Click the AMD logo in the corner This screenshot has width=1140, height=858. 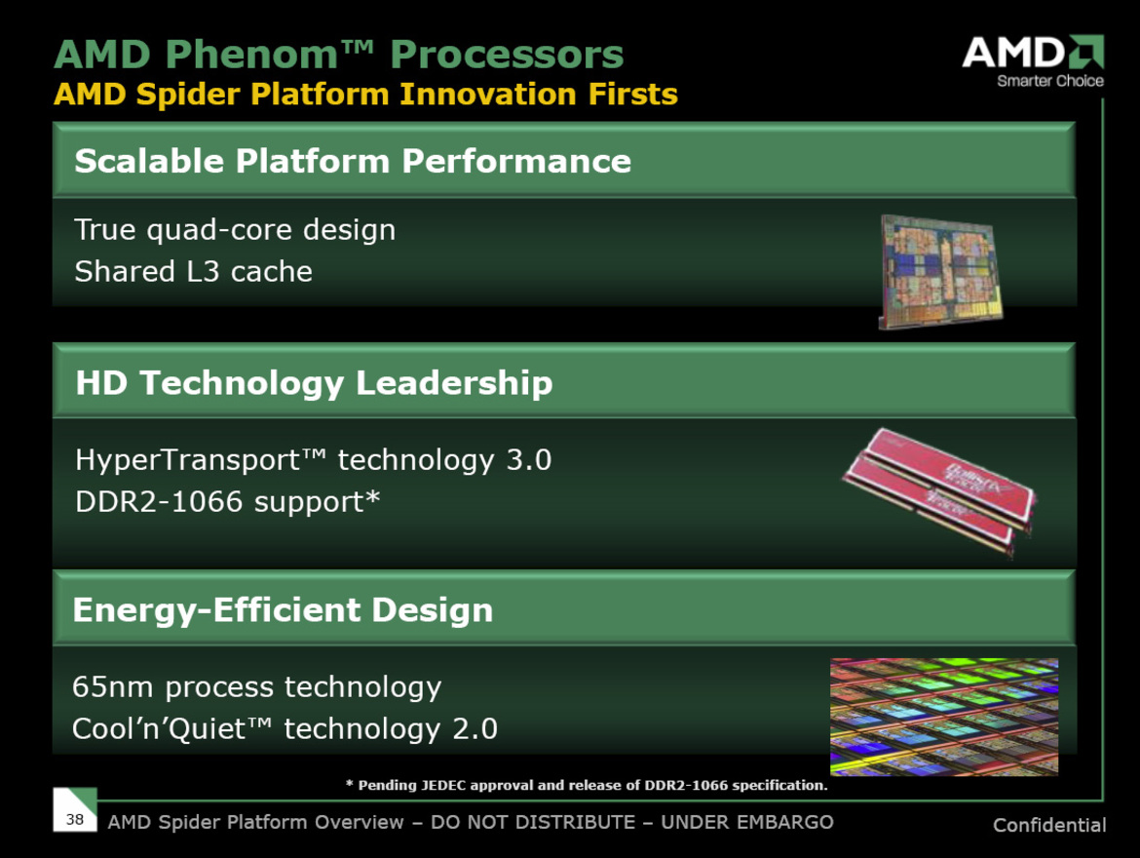pyautogui.click(x=1033, y=53)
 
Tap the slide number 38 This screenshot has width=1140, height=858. pyautogui.click(x=75, y=819)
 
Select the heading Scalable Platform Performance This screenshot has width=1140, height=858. pyautogui.click(x=353, y=161)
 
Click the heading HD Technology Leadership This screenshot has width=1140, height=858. pyautogui.click(x=314, y=382)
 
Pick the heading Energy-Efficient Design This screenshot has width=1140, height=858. pyautogui.click(x=283, y=610)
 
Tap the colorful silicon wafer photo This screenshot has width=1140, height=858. pyautogui.click(x=943, y=717)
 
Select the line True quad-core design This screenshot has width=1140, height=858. pyautogui.click(x=235, y=230)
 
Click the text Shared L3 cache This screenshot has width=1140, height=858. pyautogui.click(x=193, y=271)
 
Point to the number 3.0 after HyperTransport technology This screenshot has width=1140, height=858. pyautogui.click(x=528, y=459)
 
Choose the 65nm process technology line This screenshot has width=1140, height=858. pyautogui.click(x=256, y=687)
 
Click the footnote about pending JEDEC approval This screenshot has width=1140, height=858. pyautogui.click(x=587, y=785)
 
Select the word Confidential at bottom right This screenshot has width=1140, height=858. pyautogui.click(x=1048, y=825)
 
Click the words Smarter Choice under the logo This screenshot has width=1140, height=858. pyautogui.click(x=1049, y=81)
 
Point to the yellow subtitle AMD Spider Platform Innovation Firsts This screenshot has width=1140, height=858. pyautogui.click(x=365, y=95)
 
